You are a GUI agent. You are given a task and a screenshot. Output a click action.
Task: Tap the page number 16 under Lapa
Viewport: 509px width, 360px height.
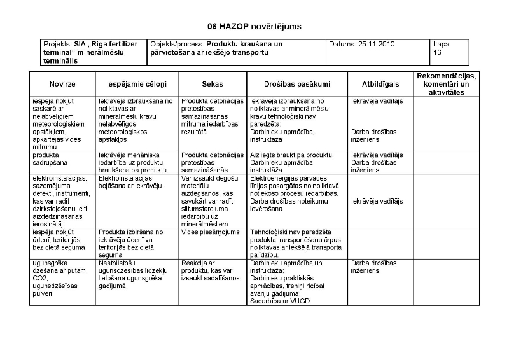437,53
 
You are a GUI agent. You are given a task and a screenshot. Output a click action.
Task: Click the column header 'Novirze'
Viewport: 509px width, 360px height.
62,85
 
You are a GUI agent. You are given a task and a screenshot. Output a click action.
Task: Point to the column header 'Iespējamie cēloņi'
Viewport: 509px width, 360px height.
136,85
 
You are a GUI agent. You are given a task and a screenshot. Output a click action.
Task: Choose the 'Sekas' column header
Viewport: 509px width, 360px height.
212,85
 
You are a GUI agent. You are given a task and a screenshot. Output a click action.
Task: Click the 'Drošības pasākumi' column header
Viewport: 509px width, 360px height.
297,85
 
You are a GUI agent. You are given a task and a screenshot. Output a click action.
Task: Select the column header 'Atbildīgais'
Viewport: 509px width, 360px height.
380,85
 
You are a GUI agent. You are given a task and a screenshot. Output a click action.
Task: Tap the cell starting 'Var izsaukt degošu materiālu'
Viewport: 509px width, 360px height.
211,201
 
